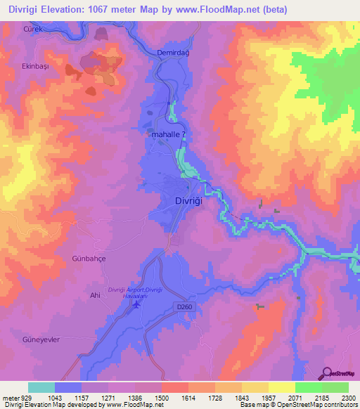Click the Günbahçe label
89,259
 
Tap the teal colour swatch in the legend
41,387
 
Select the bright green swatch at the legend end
335,387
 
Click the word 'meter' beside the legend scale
10,397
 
